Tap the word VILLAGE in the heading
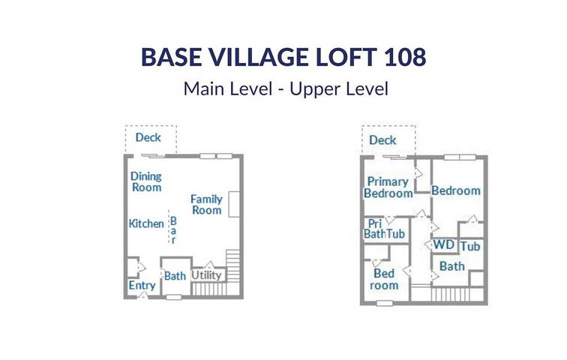[x=253, y=57]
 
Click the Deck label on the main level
[x=148, y=137]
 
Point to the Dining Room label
[x=146, y=181]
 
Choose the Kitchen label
[x=146, y=223]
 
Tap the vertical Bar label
[x=172, y=230]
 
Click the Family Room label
[x=206, y=204]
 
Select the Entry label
[x=142, y=286]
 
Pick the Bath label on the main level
[x=175, y=276]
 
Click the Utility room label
[x=206, y=275]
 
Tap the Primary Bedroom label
[x=388, y=187]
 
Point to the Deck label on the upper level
[x=382, y=140]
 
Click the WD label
[x=444, y=244]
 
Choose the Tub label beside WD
[x=470, y=247]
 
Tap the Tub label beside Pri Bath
[x=396, y=234]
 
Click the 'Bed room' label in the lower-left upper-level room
[x=385, y=279]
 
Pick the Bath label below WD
[x=451, y=266]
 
